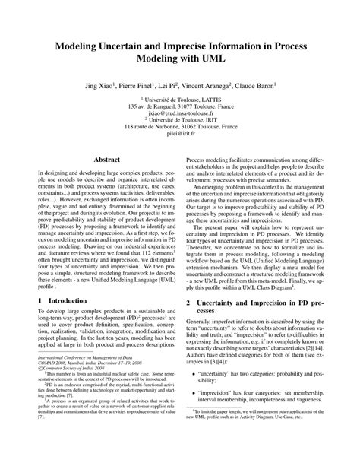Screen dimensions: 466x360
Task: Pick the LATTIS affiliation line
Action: (180, 100)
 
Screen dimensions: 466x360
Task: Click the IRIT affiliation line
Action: (180, 121)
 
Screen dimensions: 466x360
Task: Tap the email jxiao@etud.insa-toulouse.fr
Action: (180, 114)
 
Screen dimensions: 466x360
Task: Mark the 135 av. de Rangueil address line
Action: (180, 106)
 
